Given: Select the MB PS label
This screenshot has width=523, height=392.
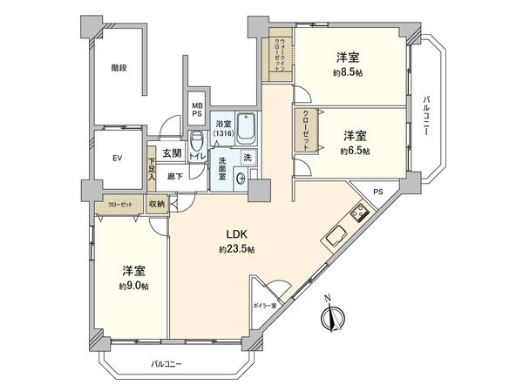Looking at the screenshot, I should (x=198, y=109).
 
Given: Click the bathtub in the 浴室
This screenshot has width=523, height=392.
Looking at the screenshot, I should (x=246, y=132).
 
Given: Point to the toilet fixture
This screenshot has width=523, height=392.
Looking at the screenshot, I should (x=197, y=142).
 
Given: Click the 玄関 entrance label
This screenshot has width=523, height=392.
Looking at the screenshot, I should (x=171, y=154).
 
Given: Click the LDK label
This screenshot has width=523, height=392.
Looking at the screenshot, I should (x=236, y=234).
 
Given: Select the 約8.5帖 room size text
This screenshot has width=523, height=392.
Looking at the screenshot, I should (x=350, y=73).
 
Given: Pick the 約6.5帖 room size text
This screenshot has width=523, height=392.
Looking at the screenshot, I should (x=355, y=151).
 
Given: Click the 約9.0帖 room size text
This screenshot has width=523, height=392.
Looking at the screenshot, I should (x=132, y=286).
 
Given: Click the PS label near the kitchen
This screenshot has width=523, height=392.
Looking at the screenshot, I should (x=377, y=192).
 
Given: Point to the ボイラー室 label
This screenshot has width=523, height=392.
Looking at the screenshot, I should (x=265, y=306).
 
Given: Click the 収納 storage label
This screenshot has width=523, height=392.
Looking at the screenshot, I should (x=156, y=204).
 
